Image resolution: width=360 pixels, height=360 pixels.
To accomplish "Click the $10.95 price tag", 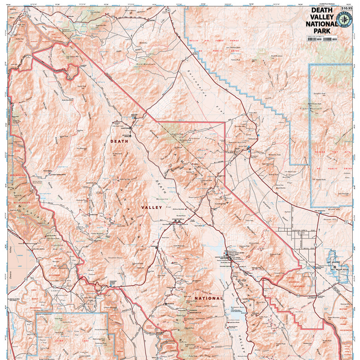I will point(347,8).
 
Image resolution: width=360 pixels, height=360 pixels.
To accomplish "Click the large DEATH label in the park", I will point(119,141).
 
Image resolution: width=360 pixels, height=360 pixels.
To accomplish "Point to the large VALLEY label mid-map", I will point(152,207).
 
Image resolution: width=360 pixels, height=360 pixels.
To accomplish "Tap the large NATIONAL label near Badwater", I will point(208,298).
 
